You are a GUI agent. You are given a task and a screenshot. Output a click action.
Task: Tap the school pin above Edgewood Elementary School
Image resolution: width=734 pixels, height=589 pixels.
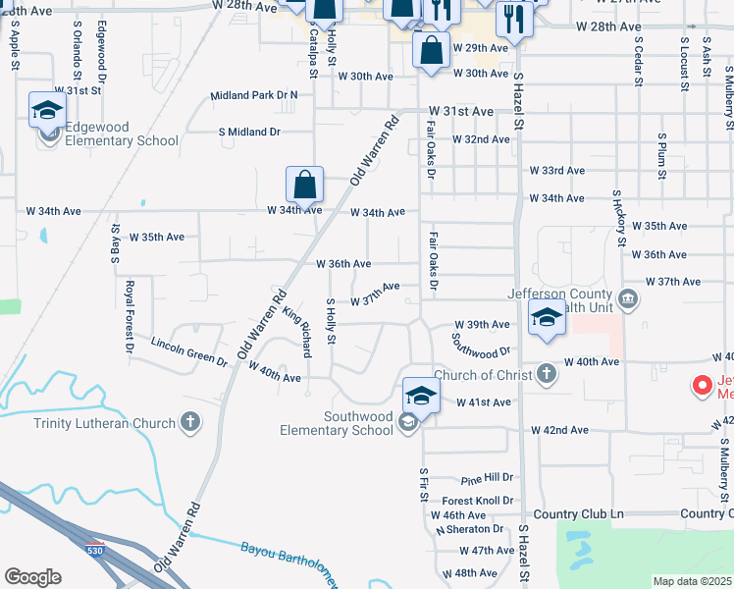pyautogui.click(x=46, y=111)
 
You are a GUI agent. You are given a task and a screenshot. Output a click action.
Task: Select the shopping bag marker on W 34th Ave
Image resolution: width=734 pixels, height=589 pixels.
pyautogui.click(x=305, y=184)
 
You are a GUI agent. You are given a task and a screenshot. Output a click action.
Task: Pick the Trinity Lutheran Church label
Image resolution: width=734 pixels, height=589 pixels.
pyautogui.click(x=104, y=423)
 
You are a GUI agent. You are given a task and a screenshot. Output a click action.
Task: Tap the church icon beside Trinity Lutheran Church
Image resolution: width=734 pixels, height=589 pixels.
pyautogui.click(x=190, y=423)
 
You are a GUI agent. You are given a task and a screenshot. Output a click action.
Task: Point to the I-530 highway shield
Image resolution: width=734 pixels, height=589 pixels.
pyautogui.click(x=94, y=549)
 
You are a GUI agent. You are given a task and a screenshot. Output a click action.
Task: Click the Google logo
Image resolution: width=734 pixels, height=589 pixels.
pyautogui.click(x=32, y=577)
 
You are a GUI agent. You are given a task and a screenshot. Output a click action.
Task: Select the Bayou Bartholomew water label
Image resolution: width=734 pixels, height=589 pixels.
pyautogui.click(x=288, y=566)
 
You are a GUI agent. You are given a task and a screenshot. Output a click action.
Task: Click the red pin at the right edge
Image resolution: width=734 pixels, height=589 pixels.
pyautogui.click(x=703, y=385)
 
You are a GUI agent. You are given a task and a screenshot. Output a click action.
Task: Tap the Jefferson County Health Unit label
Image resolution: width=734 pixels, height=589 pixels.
pyautogui.click(x=574, y=300)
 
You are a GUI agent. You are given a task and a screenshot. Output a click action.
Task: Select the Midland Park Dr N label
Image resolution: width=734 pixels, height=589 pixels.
pyautogui.click(x=254, y=95)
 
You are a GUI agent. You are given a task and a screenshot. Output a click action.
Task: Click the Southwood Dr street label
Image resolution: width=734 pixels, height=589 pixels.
pyautogui.click(x=482, y=345)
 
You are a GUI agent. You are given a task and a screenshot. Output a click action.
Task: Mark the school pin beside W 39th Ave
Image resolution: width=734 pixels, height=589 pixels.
pyautogui.click(x=547, y=318)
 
